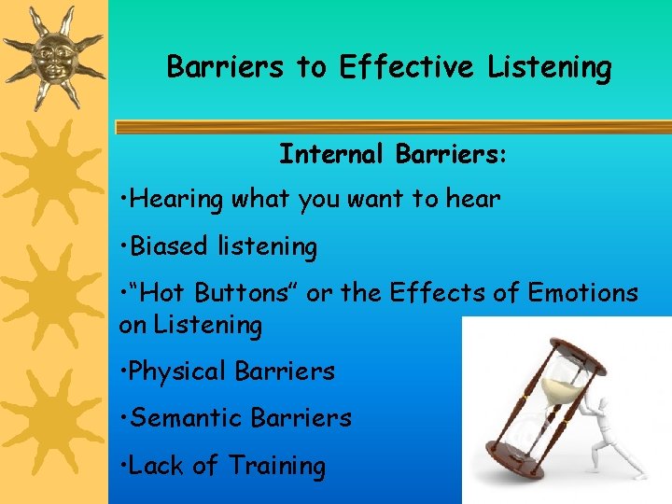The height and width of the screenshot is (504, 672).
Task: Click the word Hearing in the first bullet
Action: pyautogui.click(x=177, y=199)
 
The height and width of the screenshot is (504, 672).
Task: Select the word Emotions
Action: pyautogui.click(x=583, y=293)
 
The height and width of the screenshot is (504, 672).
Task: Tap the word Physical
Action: pyautogui.click(x=177, y=371)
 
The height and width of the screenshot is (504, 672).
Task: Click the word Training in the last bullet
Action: pyautogui.click(x=277, y=465)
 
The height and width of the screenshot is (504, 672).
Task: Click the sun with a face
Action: pyautogui.click(x=53, y=56)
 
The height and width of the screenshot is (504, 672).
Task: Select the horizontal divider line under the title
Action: pyautogui.click(x=392, y=127)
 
